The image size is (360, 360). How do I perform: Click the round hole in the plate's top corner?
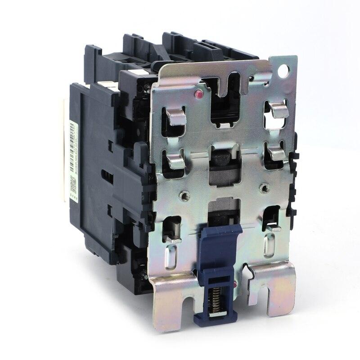click(x=284, y=71)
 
